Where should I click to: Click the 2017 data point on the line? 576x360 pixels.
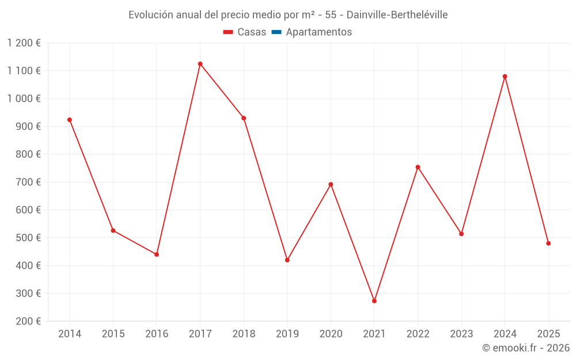[200, 64]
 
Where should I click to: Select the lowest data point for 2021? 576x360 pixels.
[374, 301]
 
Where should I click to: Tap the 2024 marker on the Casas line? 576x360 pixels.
[505, 77]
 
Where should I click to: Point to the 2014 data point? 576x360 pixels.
[70, 120]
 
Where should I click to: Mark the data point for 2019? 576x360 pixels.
[287, 260]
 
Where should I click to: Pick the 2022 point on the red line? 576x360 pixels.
[418, 167]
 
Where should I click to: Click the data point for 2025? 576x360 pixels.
[548, 243]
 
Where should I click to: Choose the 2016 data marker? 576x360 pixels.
[157, 254]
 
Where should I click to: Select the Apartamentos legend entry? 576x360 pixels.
[319, 32]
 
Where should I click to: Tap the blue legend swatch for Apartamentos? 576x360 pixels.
[276, 32]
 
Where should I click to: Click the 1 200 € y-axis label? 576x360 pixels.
[24, 43]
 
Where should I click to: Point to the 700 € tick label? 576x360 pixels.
[29, 182]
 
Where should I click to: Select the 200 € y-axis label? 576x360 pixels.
[29, 321]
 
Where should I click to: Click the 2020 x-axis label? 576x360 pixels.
[331, 334]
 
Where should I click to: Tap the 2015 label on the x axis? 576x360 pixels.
[113, 334]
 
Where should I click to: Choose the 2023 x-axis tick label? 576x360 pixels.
[461, 334]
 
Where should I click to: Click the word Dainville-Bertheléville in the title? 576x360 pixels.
[397, 15]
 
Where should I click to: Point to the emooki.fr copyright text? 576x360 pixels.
[526, 348]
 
